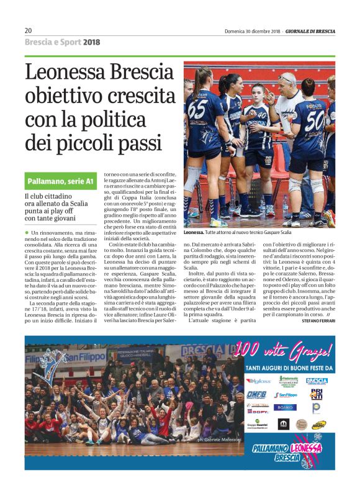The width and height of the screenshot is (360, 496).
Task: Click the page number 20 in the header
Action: (x=29, y=30)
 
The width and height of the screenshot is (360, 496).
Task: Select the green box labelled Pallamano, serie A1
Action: (x=60, y=181)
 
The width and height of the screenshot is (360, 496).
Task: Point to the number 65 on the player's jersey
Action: (x=197, y=108)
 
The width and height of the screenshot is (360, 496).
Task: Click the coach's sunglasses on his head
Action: (x=287, y=78)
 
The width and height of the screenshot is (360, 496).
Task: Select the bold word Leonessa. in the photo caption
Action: (x=196, y=232)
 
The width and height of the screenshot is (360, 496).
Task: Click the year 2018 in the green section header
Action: (x=91, y=42)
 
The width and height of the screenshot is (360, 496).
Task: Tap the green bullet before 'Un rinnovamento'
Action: (x=27, y=232)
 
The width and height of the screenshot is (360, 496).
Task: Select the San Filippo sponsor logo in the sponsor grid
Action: (x=286, y=395)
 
